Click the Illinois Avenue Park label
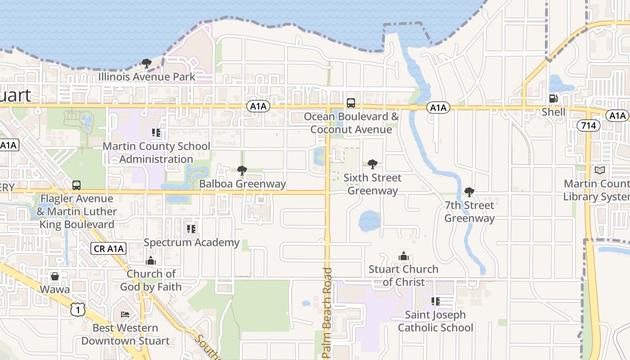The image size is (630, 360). pos(147,77)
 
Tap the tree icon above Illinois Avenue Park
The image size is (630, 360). pos(146,63)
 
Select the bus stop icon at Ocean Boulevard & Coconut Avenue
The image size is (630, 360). pos(351,103)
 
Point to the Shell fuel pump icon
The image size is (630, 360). pos(553,99)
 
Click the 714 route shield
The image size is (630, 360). pos(589,126)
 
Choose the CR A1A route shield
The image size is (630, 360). pos(108,248)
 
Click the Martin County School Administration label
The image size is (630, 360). pos(156,153)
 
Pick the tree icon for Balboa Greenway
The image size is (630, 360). pos(242,171)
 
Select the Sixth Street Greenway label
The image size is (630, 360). pos(373,184)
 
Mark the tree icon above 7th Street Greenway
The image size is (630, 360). pos(469,192)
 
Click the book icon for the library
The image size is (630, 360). pos(599,171)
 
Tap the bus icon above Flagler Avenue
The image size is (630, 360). pos(76,185)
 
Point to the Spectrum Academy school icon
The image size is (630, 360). pos(191,229)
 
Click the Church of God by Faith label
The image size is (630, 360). pos(151,280)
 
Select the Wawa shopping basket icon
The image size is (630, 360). pos(55,276)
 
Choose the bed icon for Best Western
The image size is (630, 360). pos(125,314)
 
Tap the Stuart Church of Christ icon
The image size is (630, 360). pos(403,256)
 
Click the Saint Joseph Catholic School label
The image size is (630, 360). pos(436,321)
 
